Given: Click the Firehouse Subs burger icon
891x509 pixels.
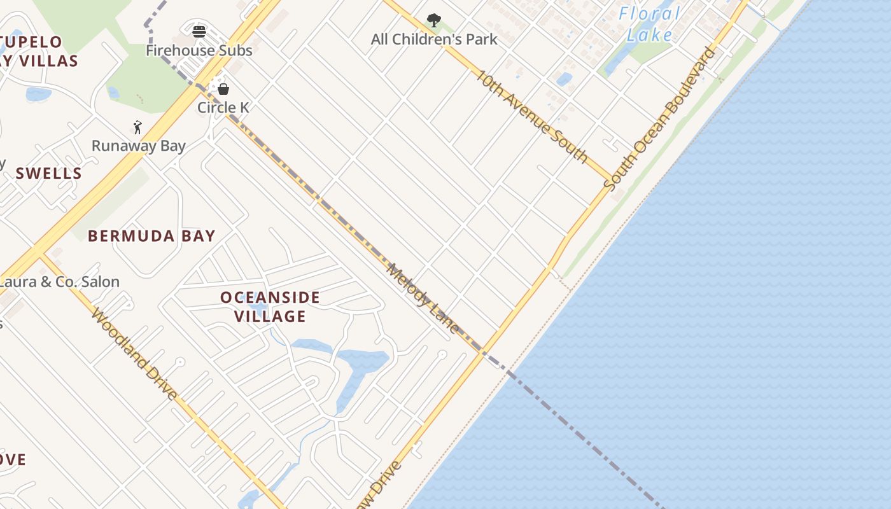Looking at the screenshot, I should point(199,32).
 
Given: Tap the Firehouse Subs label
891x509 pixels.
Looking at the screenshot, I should point(199,50).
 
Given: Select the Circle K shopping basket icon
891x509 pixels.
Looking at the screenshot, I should point(223,89).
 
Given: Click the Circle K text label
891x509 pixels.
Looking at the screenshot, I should point(223,108).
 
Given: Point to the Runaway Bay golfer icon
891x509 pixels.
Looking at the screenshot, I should point(137,127).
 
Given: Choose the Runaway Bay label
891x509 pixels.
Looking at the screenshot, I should point(139,146).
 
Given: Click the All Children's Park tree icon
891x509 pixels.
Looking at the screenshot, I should point(434,20).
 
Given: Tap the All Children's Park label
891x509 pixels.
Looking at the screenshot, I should point(434,39).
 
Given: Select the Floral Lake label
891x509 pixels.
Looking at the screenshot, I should point(649,24).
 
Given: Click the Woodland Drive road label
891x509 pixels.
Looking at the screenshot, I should point(134,354).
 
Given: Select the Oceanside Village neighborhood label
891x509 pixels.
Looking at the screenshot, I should point(270,307).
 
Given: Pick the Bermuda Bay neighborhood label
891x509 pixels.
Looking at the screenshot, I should point(151,236).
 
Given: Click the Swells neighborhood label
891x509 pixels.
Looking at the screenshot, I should point(49,173).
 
